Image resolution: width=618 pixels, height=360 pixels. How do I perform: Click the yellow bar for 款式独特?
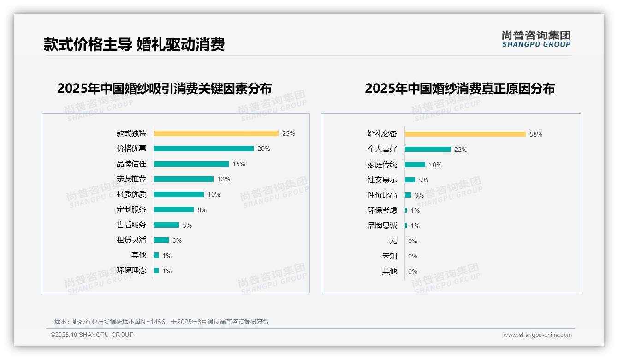[x=216, y=133]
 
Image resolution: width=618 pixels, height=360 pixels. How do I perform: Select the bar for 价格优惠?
[x=203, y=149]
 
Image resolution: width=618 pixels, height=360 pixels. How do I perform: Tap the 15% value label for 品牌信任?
[x=239, y=164]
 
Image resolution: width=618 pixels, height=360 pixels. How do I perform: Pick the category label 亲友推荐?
[x=131, y=179]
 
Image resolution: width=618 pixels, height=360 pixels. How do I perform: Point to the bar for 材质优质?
[x=178, y=194]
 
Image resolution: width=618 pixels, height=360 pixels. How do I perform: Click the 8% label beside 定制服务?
[x=202, y=210]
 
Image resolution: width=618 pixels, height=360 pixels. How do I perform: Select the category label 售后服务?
[x=131, y=225]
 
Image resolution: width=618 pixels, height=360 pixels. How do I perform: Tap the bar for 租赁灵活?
[x=161, y=240]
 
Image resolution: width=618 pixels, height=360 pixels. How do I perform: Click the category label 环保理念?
[x=131, y=270]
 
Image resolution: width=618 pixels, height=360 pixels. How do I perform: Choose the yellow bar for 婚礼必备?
[x=465, y=134]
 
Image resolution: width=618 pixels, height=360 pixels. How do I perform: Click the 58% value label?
[x=536, y=135]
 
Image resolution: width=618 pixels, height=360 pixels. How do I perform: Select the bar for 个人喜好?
[x=428, y=150]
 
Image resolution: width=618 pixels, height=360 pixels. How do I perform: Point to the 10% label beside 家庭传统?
[x=435, y=165]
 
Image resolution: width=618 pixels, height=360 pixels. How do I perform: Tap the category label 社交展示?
[x=382, y=180]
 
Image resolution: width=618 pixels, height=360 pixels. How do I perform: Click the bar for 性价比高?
[x=408, y=195]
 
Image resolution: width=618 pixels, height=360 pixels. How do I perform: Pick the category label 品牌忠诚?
[x=382, y=226]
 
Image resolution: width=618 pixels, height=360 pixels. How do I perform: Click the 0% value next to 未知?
[x=413, y=256]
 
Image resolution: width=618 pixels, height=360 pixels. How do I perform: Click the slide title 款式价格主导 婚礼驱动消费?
[x=134, y=45]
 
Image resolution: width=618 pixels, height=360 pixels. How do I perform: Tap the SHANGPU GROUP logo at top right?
[x=536, y=39]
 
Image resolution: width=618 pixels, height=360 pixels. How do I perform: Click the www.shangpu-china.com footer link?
[x=537, y=335]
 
